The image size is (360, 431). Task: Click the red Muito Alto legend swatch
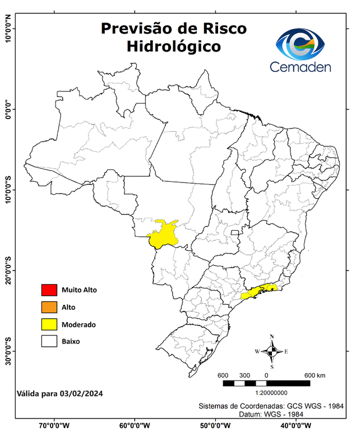[x=49, y=290]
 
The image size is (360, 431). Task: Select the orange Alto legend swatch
[x=49, y=307]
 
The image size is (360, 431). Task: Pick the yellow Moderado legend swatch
[x=49, y=324]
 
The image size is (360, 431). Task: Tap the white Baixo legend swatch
[x=49, y=341]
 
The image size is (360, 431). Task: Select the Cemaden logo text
[x=301, y=67]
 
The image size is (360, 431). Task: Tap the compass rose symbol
[x=271, y=352]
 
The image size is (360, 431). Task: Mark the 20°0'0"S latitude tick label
[x=8, y=270]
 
